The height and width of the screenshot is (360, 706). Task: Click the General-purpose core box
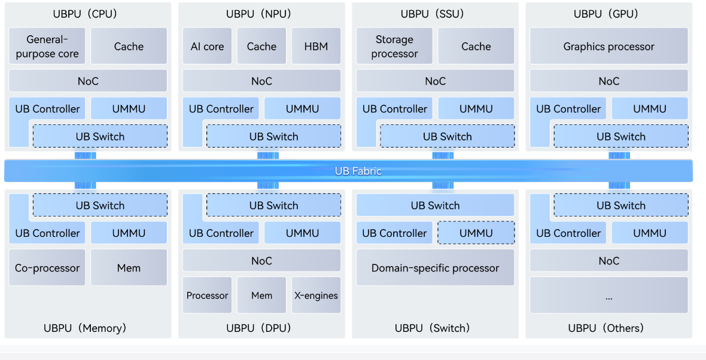pyautogui.click(x=47, y=46)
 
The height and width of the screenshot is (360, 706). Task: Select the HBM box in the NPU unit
pyautogui.click(x=316, y=46)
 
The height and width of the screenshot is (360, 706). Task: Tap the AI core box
pyautogui.click(x=207, y=46)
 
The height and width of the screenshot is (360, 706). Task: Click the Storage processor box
pyautogui.click(x=394, y=46)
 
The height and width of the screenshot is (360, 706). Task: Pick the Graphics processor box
pyautogui.click(x=608, y=46)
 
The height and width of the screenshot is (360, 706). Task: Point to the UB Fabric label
pyautogui.click(x=358, y=171)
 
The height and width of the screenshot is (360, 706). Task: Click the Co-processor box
pyautogui.click(x=47, y=267)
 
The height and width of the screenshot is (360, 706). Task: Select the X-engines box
pyautogui.click(x=316, y=295)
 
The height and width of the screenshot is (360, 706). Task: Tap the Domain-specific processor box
pyautogui.click(x=435, y=267)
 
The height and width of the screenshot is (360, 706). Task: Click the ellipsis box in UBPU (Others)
pyautogui.click(x=608, y=295)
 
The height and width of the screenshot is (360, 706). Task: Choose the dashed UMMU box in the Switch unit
pyautogui.click(x=476, y=233)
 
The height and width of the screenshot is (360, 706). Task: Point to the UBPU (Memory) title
pyautogui.click(x=85, y=328)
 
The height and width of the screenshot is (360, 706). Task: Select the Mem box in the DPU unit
pyautogui.click(x=261, y=295)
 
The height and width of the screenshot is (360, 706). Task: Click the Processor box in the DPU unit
pyautogui.click(x=207, y=295)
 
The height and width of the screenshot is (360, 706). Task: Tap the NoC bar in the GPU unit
pyautogui.click(x=608, y=81)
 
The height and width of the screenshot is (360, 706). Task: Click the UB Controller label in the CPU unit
pyautogui.click(x=47, y=109)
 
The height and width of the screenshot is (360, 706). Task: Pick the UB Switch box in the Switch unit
pyautogui.click(x=435, y=205)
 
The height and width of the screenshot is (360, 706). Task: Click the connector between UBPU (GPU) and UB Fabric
pyautogui.click(x=619, y=155)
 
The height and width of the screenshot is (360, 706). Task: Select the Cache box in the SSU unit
pyautogui.click(x=476, y=46)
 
